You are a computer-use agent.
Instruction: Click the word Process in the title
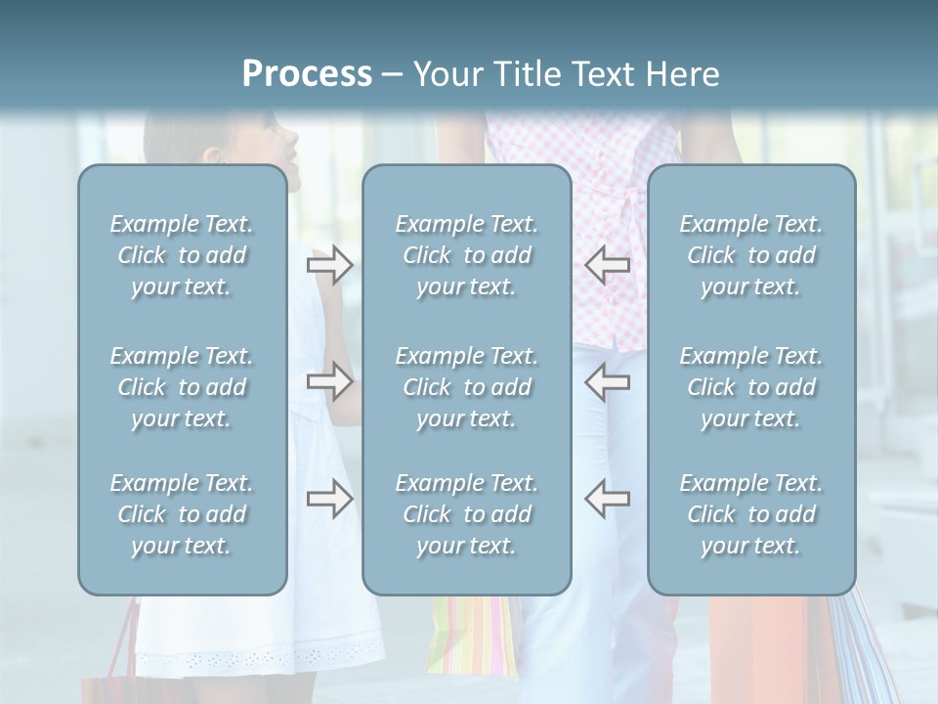[x=307, y=74]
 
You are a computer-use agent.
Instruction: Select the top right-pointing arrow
[x=329, y=265]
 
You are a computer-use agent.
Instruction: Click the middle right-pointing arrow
[x=329, y=381]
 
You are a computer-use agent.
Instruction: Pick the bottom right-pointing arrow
[x=329, y=499]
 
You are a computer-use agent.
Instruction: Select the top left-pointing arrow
[x=607, y=265]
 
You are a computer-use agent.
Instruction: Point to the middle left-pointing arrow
[x=607, y=381]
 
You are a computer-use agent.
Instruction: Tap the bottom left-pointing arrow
[x=607, y=499]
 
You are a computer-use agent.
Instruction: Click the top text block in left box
[x=182, y=255]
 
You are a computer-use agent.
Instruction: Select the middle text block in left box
[x=182, y=387]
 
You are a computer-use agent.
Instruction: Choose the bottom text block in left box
[x=182, y=514]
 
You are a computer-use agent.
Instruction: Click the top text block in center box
[x=467, y=255]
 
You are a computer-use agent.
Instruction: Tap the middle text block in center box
[x=467, y=387]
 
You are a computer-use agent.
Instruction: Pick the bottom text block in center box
[x=467, y=514]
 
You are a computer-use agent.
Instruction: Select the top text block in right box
[x=751, y=255]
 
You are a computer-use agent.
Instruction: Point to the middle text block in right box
[x=751, y=387]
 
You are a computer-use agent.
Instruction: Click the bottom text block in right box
[x=751, y=514]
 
